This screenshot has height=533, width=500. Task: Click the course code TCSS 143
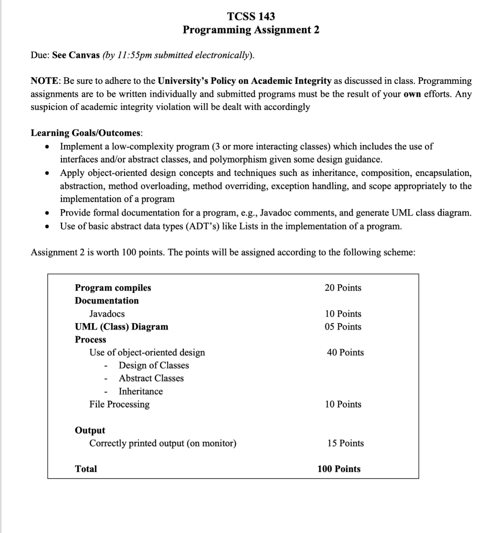(x=251, y=16)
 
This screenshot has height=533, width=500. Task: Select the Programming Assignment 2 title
(x=251, y=30)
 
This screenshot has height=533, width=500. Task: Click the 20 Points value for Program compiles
(x=343, y=288)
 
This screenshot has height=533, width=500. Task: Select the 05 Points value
(x=343, y=327)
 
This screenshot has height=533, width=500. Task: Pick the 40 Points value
(x=345, y=352)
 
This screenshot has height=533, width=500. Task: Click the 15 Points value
(x=345, y=443)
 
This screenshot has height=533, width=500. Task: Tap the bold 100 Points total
(x=339, y=469)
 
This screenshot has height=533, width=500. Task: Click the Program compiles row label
(x=113, y=288)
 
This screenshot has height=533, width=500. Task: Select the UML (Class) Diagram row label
(x=121, y=327)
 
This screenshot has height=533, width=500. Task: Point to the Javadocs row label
(x=107, y=314)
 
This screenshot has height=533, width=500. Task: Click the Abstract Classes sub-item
(x=151, y=378)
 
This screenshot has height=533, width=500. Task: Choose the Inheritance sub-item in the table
(x=141, y=391)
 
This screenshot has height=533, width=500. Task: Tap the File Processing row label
(x=119, y=404)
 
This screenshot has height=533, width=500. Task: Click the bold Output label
(x=90, y=430)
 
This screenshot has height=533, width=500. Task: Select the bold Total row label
(x=86, y=469)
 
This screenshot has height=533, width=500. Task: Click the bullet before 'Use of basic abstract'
(x=47, y=226)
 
